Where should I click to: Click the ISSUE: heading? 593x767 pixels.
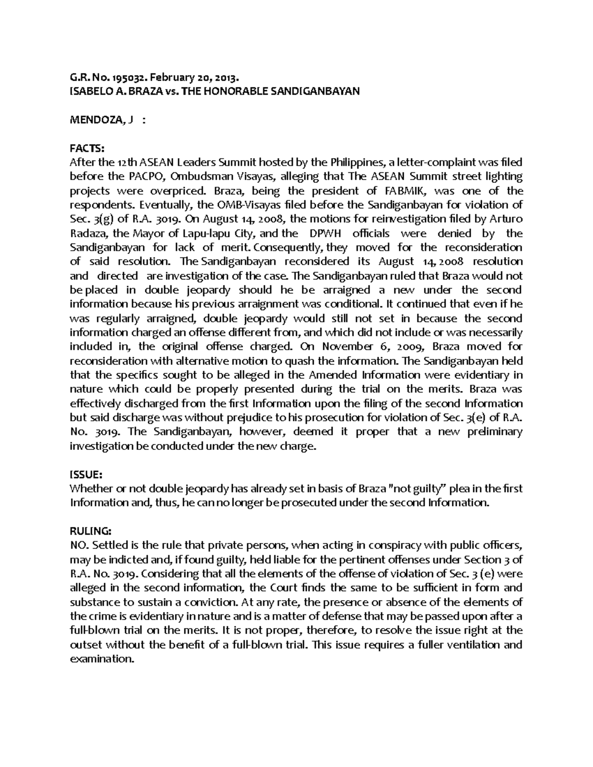pyautogui.click(x=85, y=475)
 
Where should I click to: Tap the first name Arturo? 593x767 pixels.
pyautogui.click(x=505, y=219)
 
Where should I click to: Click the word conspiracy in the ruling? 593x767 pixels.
pyautogui.click(x=384, y=546)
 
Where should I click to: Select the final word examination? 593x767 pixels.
pyautogui.click(x=102, y=659)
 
